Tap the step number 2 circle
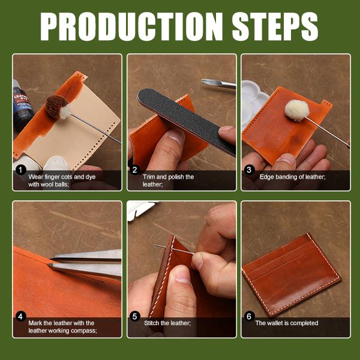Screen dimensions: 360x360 (135, 170)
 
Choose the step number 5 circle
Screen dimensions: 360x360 (135, 316)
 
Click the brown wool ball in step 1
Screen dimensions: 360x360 (58, 107)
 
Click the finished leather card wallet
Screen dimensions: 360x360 (292, 274)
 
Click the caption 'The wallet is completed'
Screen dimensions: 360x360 (286, 323)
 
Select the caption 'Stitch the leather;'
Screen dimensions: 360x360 (167, 323)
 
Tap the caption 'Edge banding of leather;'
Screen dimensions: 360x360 (293, 177)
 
